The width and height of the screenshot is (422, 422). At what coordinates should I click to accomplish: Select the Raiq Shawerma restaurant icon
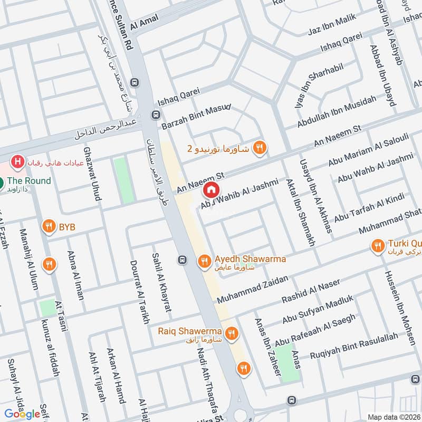231,333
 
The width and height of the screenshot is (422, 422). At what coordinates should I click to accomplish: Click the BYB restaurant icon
49,227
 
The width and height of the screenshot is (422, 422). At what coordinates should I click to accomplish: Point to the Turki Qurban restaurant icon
378,245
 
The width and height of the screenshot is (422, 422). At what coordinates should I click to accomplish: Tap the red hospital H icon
18,161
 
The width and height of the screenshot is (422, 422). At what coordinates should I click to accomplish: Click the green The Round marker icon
2,184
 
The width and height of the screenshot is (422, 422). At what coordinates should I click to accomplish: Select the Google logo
22,414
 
